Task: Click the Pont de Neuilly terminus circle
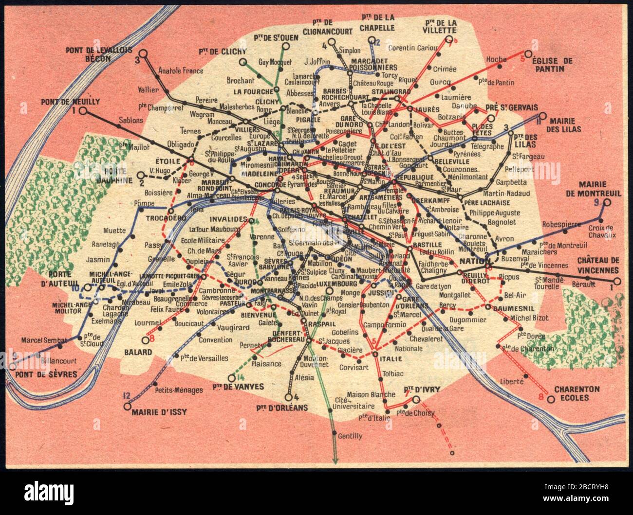coord(83,111)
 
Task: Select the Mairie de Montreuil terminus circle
coord(607,202)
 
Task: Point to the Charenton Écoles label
coord(577,394)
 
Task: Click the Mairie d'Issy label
coord(159,412)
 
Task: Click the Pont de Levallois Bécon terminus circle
coord(143,53)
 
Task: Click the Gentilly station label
coord(347,436)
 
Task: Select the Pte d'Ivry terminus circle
coord(416,400)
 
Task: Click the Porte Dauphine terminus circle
coord(141,175)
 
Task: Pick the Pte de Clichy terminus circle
coord(242,62)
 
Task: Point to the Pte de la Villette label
coord(440,26)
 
